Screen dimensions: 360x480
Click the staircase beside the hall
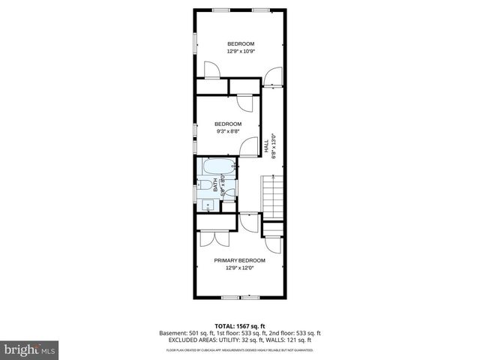pyautogui.click(x=271, y=195)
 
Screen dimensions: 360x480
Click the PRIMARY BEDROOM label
pyautogui.click(x=240, y=260)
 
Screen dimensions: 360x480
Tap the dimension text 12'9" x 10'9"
pyautogui.click(x=241, y=52)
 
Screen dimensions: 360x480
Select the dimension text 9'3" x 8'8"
pyautogui.click(x=228, y=131)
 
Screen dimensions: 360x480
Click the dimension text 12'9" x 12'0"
pyautogui.click(x=240, y=268)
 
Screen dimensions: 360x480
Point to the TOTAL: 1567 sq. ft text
pyautogui.click(x=240, y=325)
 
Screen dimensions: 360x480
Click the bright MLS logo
pyautogui.click(x=30, y=349)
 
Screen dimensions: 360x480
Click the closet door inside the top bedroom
pyautogui.click(x=214, y=71)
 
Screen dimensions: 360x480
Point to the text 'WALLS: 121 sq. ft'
pyautogui.click(x=295, y=340)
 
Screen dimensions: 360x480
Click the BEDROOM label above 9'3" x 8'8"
pyautogui.click(x=228, y=124)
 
